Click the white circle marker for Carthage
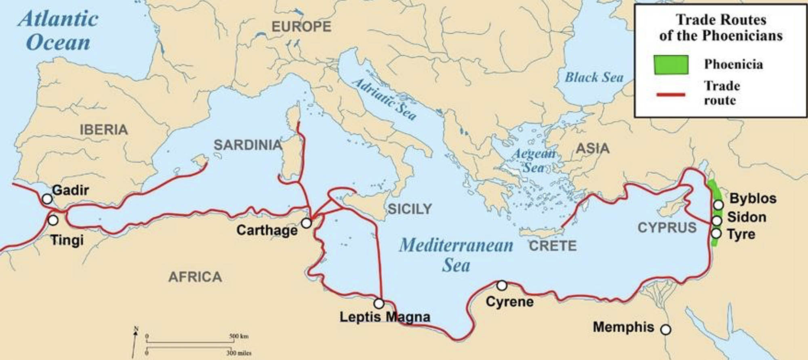[306, 223]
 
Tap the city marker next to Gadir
[47, 199]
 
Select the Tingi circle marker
[53, 220]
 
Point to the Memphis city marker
[665, 329]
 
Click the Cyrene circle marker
[501, 285]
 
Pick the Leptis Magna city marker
[379, 303]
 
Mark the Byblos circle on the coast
[718, 205]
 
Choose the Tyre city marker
[716, 233]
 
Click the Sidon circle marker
[716, 221]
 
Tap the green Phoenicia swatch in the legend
[671, 65]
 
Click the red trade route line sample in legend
[671, 95]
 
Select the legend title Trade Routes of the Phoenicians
[721, 27]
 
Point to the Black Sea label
[593, 77]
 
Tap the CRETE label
[553, 246]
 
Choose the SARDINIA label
[248, 145]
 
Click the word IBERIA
[104, 130]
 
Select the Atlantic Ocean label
[59, 31]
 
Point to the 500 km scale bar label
[239, 336]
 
